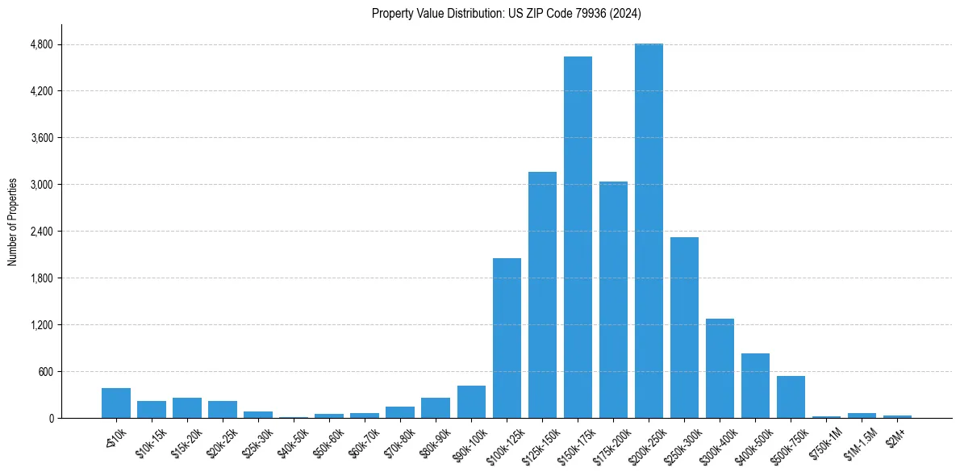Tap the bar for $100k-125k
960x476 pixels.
tap(507, 338)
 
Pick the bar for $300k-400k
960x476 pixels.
tap(720, 368)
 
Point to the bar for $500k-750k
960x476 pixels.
tap(791, 397)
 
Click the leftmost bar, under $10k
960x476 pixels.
tap(116, 403)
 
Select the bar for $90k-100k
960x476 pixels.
tap(471, 402)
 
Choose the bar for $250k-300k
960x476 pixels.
tap(684, 328)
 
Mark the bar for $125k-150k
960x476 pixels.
tap(542, 294)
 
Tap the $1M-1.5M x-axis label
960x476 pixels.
tap(859, 441)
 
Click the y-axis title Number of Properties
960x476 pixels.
tap(12, 222)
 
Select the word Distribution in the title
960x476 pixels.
tap(455, 13)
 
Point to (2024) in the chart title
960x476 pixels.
tap(627, 13)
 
